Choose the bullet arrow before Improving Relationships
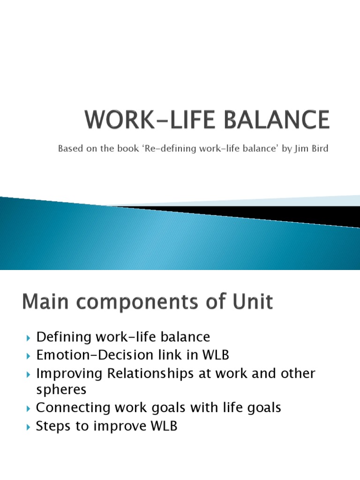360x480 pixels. coord(29,375)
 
